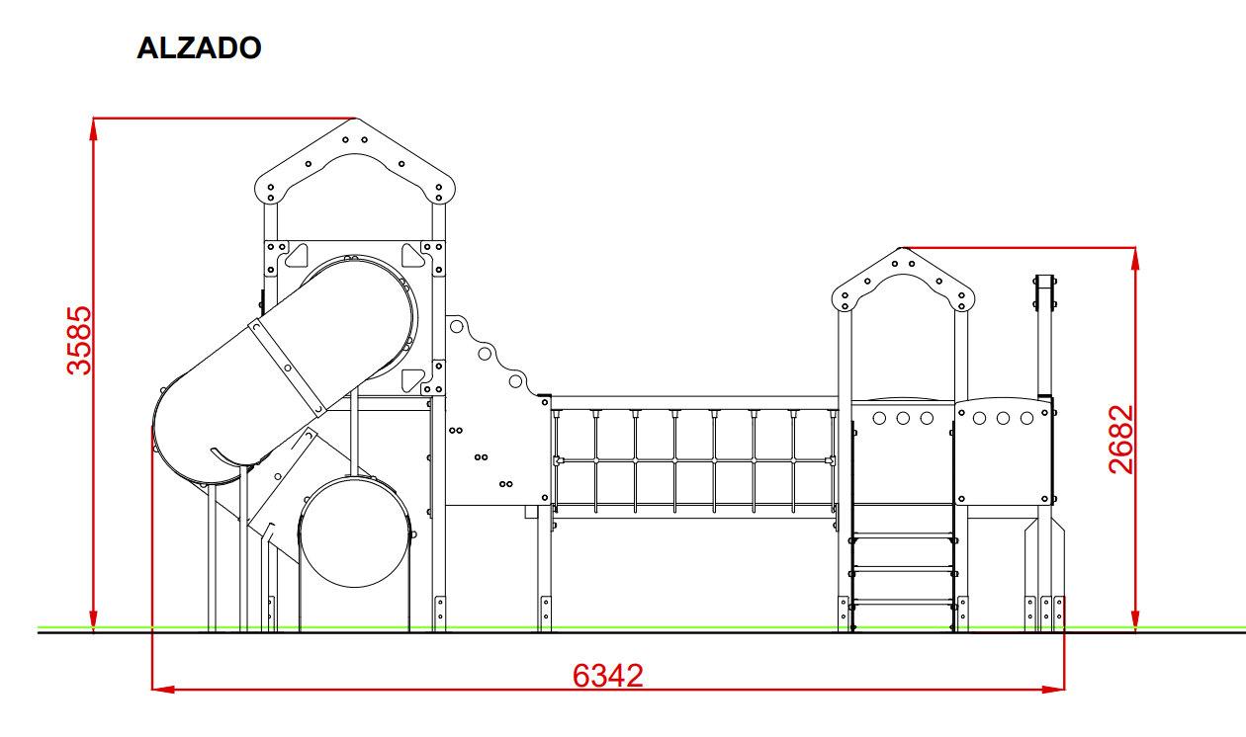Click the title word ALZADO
pyautogui.click(x=199, y=48)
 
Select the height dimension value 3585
pyautogui.click(x=78, y=341)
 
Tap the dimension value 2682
pyautogui.click(x=1120, y=440)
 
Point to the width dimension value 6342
pyautogui.click(x=608, y=676)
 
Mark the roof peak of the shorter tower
pyautogui.click(x=902, y=248)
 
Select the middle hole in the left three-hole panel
pyautogui.click(x=903, y=418)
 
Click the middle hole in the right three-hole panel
pyautogui.click(x=1002, y=418)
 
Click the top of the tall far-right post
pyautogui.click(x=1044, y=278)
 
